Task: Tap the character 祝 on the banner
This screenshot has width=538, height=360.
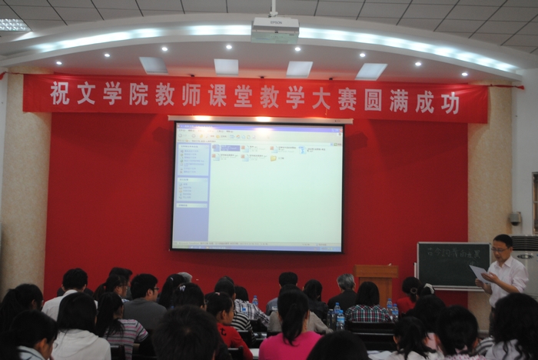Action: tap(60, 94)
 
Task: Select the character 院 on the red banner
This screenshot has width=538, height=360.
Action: tap(138, 95)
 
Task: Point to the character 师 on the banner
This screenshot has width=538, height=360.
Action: tap(191, 95)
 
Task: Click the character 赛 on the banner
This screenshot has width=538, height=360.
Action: tap(347, 98)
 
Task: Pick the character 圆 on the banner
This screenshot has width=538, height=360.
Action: tap(374, 99)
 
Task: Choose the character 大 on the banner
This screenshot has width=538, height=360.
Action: tap(321, 98)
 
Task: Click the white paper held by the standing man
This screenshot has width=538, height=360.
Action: tap(478, 272)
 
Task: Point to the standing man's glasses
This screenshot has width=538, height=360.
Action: tap(500, 249)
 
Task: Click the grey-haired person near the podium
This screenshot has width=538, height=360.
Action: tap(345, 289)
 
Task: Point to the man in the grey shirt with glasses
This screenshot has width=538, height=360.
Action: tap(144, 300)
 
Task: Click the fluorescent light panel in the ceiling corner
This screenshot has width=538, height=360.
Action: tap(13, 25)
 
